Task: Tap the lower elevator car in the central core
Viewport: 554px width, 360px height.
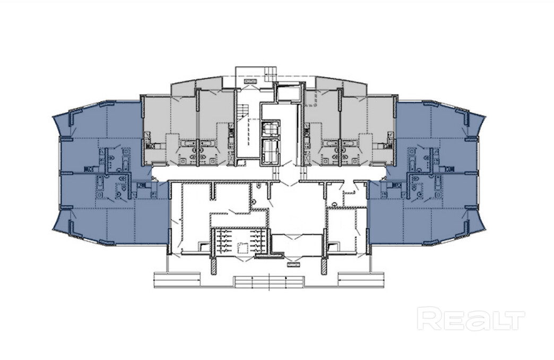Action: [x=270, y=150]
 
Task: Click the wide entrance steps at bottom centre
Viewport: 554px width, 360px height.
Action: [x=269, y=282]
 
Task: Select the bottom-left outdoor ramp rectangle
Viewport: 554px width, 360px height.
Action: [x=177, y=280]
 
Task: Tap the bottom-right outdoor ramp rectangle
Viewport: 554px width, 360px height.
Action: [x=361, y=280]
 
